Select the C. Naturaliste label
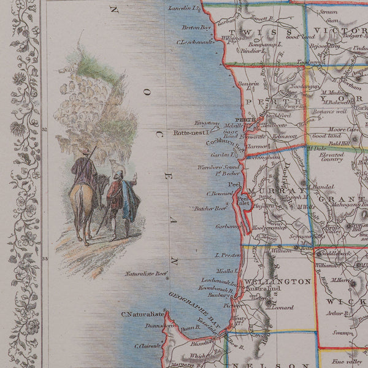[x=141, y=315]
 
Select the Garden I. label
[x=221, y=155]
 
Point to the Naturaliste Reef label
[x=146, y=274]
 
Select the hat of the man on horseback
[x=88, y=151]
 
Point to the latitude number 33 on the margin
[x=44, y=259]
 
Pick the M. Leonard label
[x=276, y=308]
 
